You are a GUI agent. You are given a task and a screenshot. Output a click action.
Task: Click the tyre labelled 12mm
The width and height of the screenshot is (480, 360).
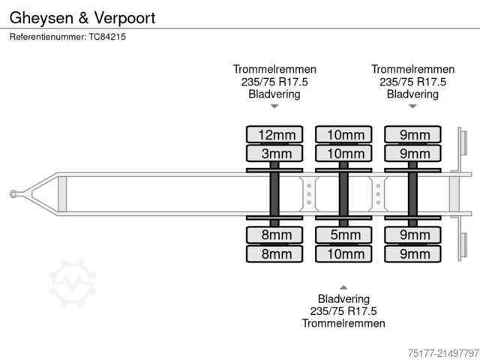coord(275,135)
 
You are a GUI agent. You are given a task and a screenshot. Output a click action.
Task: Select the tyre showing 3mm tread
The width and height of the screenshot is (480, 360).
coord(275,154)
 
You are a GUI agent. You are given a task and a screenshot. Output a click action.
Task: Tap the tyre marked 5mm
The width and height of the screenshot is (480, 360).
coord(344,235)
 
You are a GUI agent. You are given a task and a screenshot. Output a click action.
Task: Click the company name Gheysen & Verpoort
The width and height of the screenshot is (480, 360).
coord(82,18)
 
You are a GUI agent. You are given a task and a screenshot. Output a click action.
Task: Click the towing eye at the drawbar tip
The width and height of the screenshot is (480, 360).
coord(13,194)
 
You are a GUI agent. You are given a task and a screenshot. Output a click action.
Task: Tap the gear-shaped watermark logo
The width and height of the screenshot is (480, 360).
coord(72,283)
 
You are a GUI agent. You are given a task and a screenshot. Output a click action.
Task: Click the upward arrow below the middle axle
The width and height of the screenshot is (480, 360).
coord(343,287)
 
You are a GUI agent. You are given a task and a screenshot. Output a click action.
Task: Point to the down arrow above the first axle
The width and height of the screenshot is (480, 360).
coord(274,106)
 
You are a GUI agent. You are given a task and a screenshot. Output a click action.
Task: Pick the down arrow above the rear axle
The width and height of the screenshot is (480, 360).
coord(412,106)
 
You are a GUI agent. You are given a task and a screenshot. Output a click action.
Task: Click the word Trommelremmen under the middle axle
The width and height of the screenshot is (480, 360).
coord(343,323)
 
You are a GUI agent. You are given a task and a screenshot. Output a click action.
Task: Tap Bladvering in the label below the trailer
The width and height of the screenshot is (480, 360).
coord(343,298)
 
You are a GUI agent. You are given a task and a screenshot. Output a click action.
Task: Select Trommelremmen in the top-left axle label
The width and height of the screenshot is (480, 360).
coord(274,69)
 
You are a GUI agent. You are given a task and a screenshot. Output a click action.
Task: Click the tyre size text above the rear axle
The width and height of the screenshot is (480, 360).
coord(412,82)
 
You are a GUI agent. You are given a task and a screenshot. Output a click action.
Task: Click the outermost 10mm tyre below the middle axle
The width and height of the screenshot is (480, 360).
coord(344,253)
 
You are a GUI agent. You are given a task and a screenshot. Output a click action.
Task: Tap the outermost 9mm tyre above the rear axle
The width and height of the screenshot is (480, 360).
coord(413,135)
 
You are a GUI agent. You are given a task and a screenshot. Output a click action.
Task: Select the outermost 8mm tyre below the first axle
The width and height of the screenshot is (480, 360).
coord(275,253)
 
